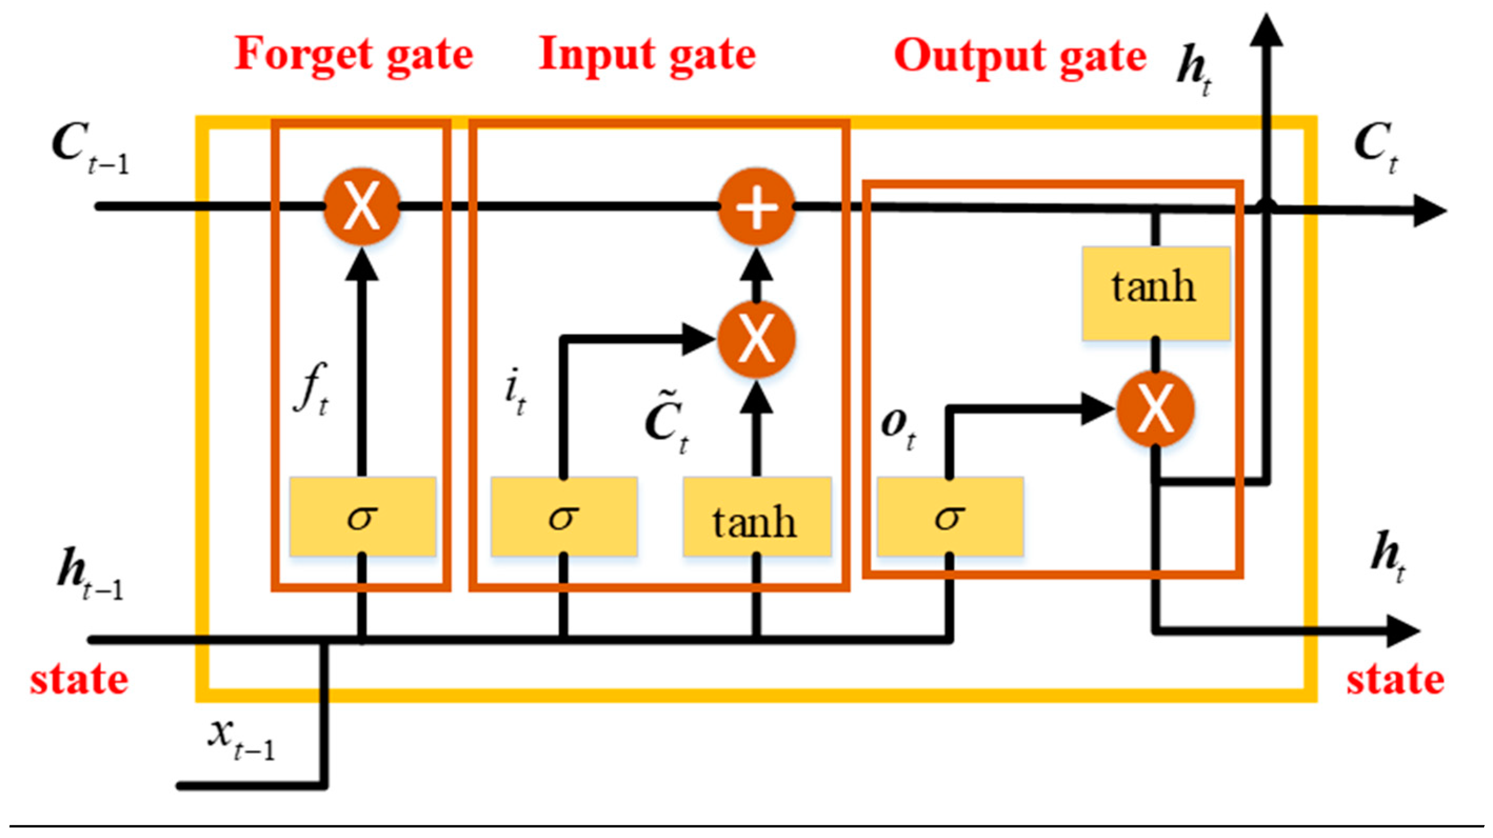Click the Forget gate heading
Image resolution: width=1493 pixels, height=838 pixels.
[x=354, y=56]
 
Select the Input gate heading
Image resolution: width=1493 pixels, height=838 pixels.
[x=647, y=56]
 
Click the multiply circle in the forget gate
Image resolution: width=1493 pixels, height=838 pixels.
[x=362, y=206]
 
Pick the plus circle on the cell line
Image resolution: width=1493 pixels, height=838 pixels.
[x=756, y=206]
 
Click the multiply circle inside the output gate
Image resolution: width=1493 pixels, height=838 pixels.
[x=1155, y=409]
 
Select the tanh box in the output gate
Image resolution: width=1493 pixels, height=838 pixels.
[x=1155, y=292]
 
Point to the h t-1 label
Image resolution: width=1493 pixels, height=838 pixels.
[x=90, y=577]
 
